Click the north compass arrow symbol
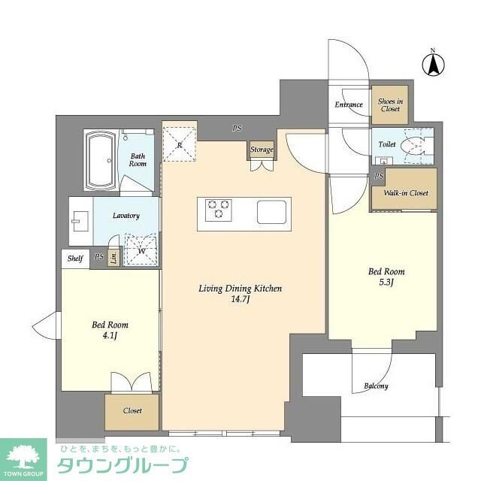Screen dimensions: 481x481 click(x=433, y=64)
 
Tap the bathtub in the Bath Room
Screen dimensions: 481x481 click(x=100, y=161)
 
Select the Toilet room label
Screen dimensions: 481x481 click(x=387, y=143)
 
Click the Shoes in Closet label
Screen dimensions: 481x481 click(x=390, y=105)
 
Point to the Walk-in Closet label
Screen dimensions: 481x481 click(x=405, y=193)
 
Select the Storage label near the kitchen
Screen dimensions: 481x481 click(x=262, y=150)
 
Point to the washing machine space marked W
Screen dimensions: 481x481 click(x=141, y=250)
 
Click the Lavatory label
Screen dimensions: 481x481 click(x=126, y=216)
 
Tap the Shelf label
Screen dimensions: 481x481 click(x=74, y=258)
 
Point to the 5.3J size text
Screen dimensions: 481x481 click(x=386, y=284)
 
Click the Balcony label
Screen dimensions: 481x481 click(x=376, y=386)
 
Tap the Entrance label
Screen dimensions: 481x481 click(x=349, y=105)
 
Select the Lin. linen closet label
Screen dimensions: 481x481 click(x=113, y=258)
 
